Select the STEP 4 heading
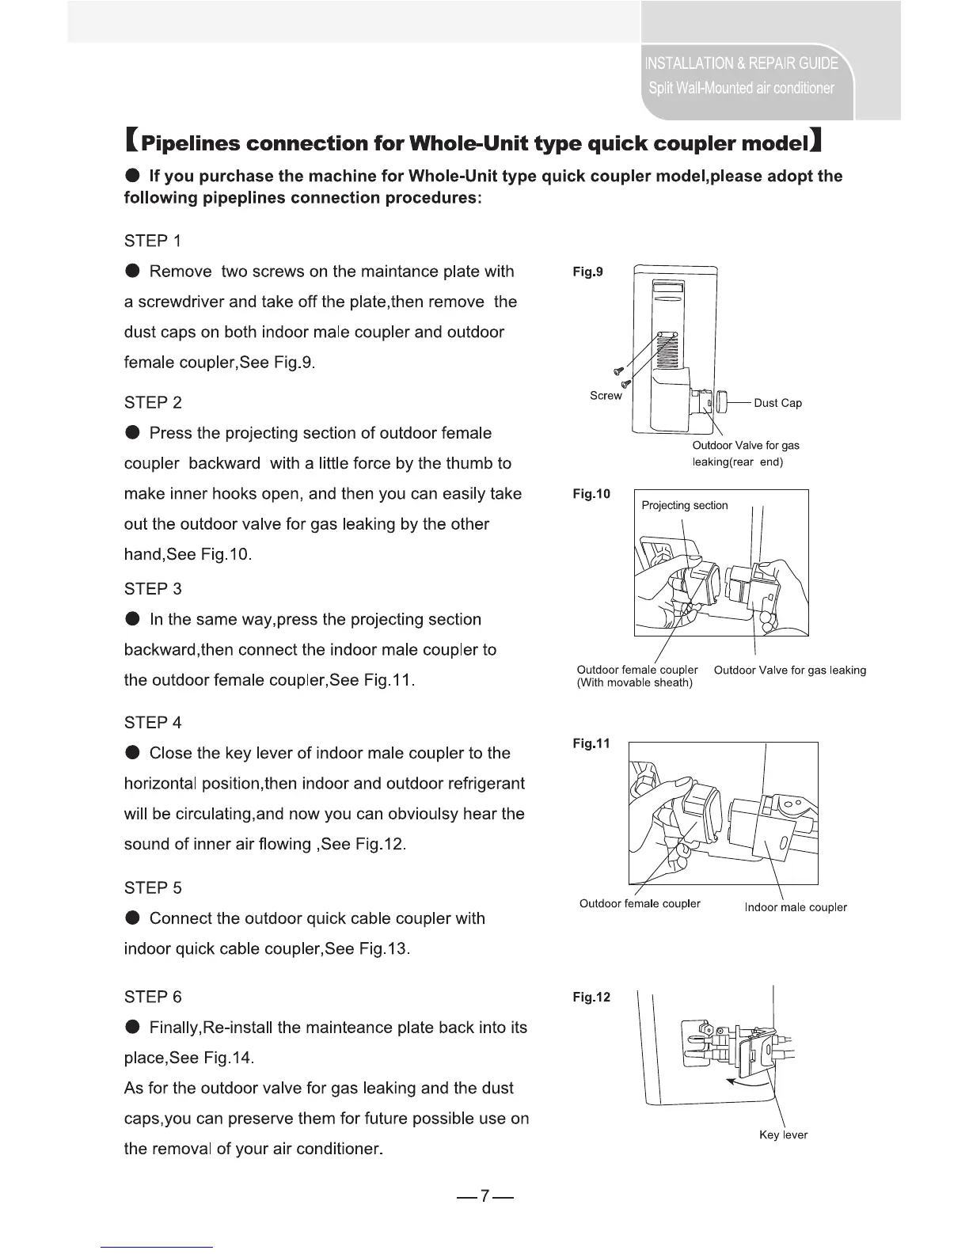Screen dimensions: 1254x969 tap(153, 723)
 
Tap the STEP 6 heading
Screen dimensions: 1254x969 tap(153, 997)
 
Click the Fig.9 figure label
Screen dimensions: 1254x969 tap(587, 272)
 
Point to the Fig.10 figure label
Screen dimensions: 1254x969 tap(591, 495)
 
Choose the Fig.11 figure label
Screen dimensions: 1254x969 tap(591, 744)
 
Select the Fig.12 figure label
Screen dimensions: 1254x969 tap(591, 997)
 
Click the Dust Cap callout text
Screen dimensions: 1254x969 tap(777, 404)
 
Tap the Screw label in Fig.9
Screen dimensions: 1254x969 tap(606, 396)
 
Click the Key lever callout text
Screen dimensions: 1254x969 tap(783, 1135)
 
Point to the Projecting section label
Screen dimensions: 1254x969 tap(684, 506)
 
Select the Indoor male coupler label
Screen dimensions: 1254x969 tap(796, 907)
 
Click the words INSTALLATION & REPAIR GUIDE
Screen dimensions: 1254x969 tap(742, 63)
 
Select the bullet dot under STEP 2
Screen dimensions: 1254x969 tap(133, 433)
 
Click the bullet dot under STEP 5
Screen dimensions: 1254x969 tap(133, 918)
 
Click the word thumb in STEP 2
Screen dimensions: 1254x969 tap(470, 464)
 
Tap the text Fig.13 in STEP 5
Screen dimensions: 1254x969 tap(382, 949)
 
